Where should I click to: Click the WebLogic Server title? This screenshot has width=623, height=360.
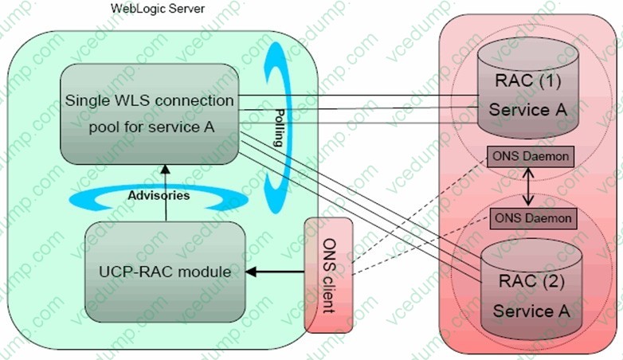point(159,8)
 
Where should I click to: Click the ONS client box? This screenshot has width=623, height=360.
point(321,275)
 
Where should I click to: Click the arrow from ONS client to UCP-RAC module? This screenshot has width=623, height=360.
point(275,272)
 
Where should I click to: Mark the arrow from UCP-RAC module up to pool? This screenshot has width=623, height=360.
point(165,191)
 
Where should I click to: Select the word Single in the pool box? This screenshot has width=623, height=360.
point(86,101)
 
